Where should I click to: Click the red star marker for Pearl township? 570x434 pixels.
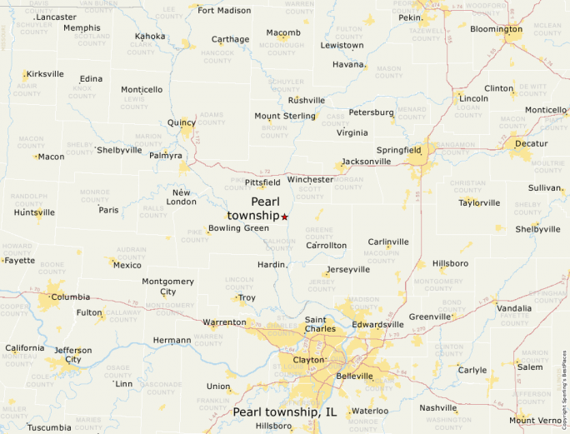pyautogui.click(x=284, y=217)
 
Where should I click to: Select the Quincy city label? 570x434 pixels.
pyautogui.click(x=181, y=122)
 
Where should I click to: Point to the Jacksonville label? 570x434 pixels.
pyautogui.click(x=366, y=162)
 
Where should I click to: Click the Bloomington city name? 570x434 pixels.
pyautogui.click(x=496, y=29)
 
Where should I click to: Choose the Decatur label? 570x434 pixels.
pyautogui.click(x=532, y=143)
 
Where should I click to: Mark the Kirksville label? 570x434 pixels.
pyautogui.click(x=45, y=74)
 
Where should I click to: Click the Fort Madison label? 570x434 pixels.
pyautogui.click(x=224, y=11)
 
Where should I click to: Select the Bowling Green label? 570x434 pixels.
pyautogui.click(x=238, y=228)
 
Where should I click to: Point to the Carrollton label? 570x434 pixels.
pyautogui.click(x=326, y=246)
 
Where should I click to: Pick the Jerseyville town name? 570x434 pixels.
pyautogui.click(x=348, y=270)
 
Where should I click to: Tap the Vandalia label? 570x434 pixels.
pyautogui.click(x=514, y=308)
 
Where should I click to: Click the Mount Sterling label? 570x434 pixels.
pyautogui.click(x=285, y=116)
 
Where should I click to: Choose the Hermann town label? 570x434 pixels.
pyautogui.click(x=172, y=340)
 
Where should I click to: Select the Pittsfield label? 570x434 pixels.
pyautogui.click(x=262, y=182)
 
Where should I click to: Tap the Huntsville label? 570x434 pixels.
pyautogui.click(x=34, y=212)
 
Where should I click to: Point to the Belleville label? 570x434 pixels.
pyautogui.click(x=354, y=377)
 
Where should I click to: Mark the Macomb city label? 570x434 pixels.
pyautogui.click(x=283, y=33)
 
